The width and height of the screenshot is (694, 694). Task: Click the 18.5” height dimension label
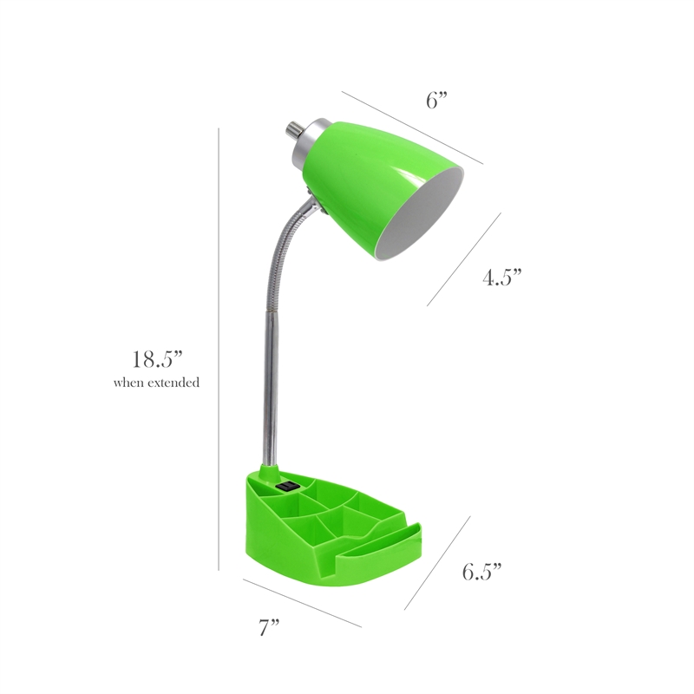pos(158,359)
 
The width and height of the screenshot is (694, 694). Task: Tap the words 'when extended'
pos(156,383)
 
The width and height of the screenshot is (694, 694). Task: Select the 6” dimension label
pos(437,101)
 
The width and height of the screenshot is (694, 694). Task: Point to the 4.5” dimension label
pos(502,278)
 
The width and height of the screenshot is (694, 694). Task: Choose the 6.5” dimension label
pos(482,572)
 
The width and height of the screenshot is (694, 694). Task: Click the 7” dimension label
pos(269,627)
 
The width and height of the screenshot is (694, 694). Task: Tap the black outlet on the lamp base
pos(287,486)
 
